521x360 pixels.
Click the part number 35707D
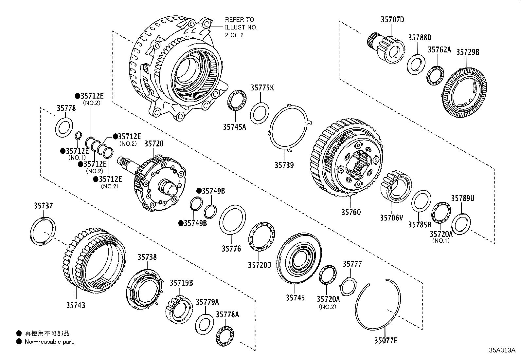point(392,20)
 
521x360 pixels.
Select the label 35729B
point(468,52)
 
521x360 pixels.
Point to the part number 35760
point(351,212)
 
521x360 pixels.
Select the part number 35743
point(76,305)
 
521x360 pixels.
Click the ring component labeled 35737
point(43,231)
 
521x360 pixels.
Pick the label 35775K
point(262,88)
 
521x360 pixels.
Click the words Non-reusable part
point(49,342)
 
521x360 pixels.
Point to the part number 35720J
point(259,264)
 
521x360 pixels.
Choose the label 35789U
point(462,198)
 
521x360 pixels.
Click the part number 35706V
point(391,218)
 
